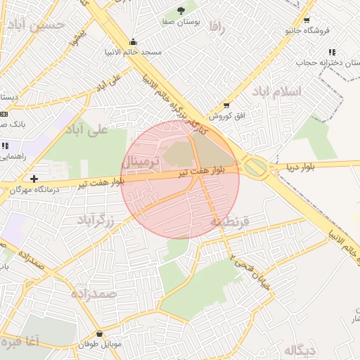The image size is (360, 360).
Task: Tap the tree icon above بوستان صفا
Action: (x=183, y=10)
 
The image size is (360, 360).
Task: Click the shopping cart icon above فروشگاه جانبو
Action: (x=306, y=20)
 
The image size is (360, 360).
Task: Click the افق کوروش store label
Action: (x=219, y=115)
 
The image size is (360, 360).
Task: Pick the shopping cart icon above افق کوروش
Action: (x=226, y=105)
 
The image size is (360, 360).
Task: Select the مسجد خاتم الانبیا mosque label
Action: (x=134, y=52)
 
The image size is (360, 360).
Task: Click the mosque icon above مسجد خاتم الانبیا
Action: (x=134, y=41)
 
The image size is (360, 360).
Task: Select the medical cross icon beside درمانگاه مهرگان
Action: (x=34, y=179)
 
